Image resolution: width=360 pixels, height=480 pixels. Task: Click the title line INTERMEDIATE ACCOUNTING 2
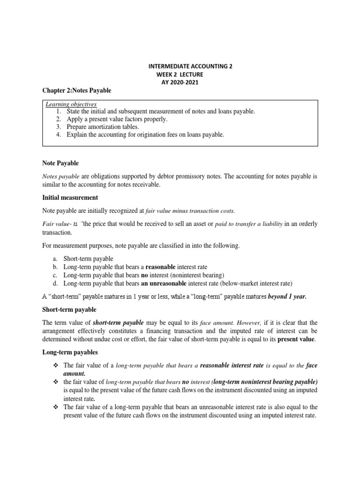click(x=189, y=67)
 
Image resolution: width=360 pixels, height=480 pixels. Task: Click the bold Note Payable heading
click(x=60, y=163)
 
